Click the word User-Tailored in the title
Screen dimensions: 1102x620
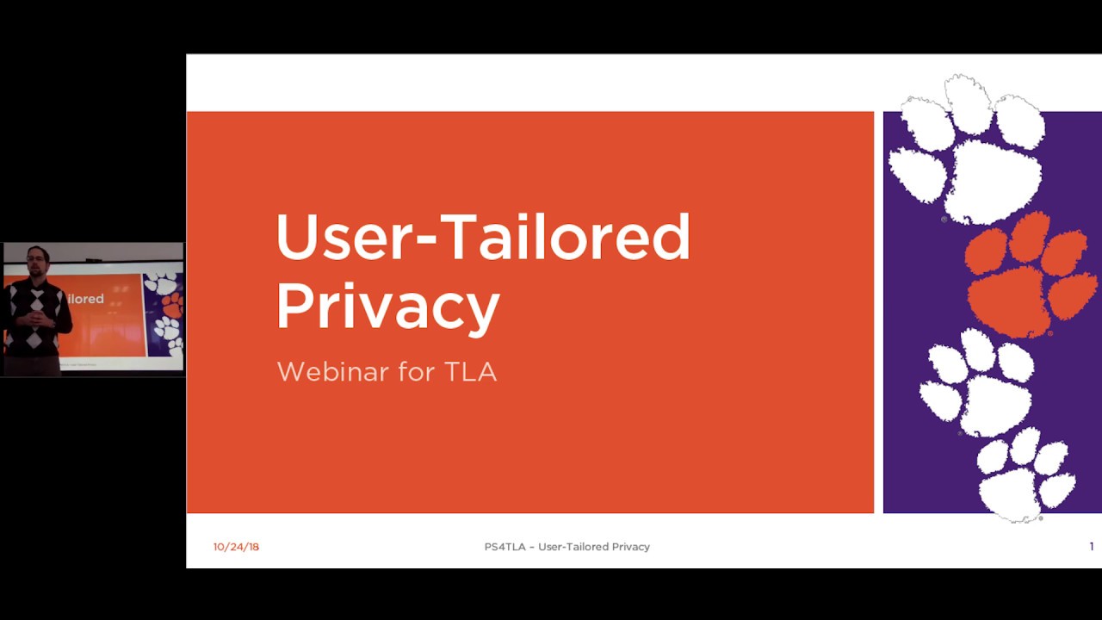pyautogui.click(x=483, y=237)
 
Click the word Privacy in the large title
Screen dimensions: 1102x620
pyautogui.click(x=388, y=307)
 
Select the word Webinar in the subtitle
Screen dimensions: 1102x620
pyautogui.click(x=333, y=371)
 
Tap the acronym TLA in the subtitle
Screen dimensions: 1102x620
pyautogui.click(x=470, y=371)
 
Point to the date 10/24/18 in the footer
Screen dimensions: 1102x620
pyautogui.click(x=236, y=547)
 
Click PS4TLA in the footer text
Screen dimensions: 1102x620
pyautogui.click(x=505, y=547)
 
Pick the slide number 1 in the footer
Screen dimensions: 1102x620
pyautogui.click(x=1092, y=546)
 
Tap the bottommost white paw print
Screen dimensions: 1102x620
pyautogui.click(x=1025, y=474)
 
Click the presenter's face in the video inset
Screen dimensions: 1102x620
pyautogui.click(x=38, y=261)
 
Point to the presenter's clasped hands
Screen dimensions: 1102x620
pyautogui.click(x=36, y=319)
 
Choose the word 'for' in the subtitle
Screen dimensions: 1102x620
pyautogui.click(x=417, y=371)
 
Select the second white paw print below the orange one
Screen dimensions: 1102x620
pyautogui.click(x=1025, y=474)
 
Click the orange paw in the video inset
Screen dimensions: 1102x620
pyautogui.click(x=171, y=305)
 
